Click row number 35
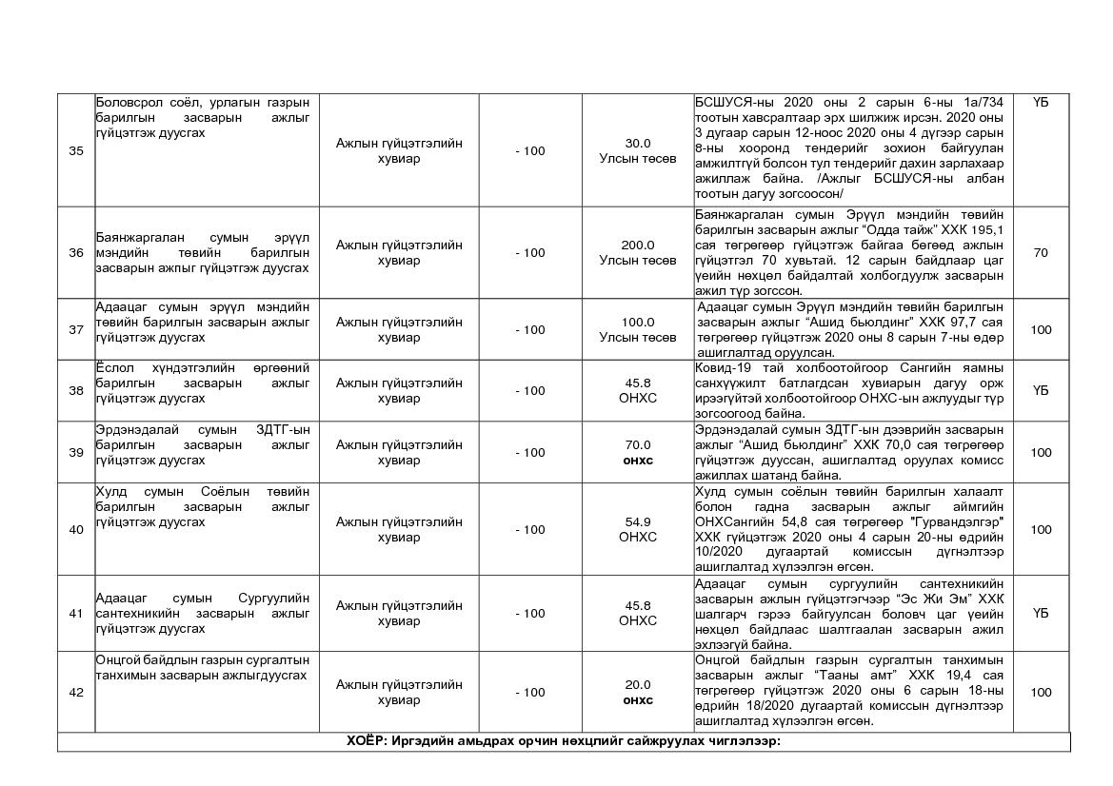click(76, 150)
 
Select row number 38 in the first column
click(76, 390)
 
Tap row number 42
click(76, 692)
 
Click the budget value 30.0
click(638, 143)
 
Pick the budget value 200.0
click(638, 245)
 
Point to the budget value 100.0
click(638, 322)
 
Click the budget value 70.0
click(638, 444)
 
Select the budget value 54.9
click(638, 521)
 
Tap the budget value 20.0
click(638, 684)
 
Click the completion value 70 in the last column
click(1041, 252)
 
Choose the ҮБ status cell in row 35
click(1041, 102)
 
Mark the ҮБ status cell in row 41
click(1041, 613)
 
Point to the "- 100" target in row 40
click(530, 529)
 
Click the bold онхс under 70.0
click(638, 461)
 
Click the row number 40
click(76, 529)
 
